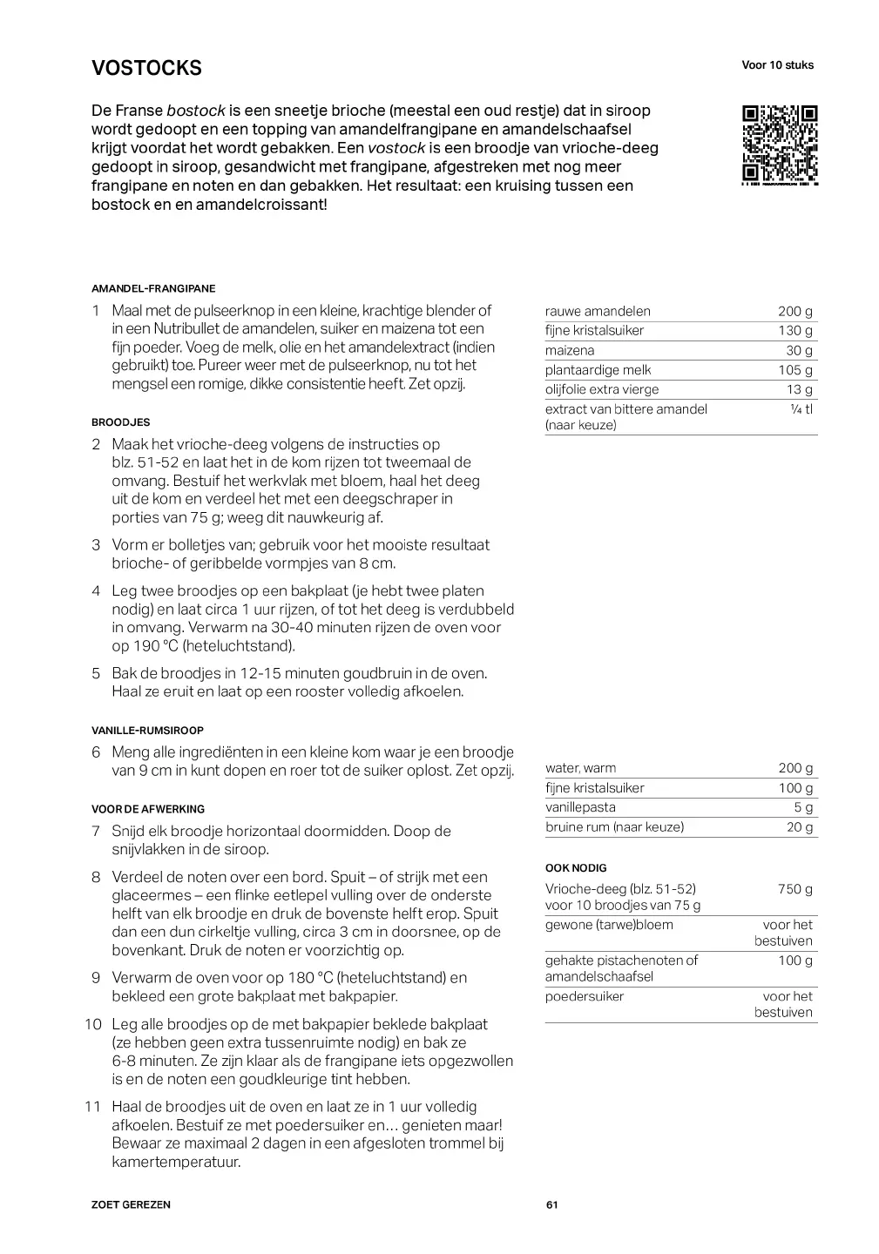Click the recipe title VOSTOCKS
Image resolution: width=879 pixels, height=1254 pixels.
pos(146,68)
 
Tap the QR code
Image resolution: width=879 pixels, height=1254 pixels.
pos(780,145)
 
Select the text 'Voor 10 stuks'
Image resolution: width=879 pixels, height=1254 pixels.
pos(777,65)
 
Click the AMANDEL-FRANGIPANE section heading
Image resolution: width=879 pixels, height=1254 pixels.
pos(153,288)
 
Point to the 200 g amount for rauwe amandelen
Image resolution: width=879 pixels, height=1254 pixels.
pos(794,312)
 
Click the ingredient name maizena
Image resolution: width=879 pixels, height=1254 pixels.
pos(570,351)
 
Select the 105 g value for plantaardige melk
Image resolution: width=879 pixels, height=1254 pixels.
pos(794,370)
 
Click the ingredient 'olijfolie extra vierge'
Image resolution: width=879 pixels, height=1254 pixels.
pos(602,390)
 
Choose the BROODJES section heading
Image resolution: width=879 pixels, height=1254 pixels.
pos(120,422)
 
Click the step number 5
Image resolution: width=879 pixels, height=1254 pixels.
pos(96,673)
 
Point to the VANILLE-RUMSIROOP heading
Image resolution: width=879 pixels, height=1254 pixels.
pos(147,731)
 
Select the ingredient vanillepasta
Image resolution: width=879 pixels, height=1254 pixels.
pos(580,808)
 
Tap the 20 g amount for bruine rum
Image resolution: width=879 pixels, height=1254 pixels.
pos(799,827)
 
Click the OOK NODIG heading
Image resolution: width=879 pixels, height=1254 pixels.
pos(576,868)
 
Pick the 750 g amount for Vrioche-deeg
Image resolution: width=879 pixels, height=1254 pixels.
pos(794,889)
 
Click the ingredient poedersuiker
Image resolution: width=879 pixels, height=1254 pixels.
pos(585,996)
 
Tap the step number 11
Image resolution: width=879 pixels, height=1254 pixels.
pos(93,1107)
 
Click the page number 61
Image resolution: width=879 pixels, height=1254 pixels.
pos(551,1205)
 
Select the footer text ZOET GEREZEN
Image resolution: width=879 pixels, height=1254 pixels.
pos(131,1205)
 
